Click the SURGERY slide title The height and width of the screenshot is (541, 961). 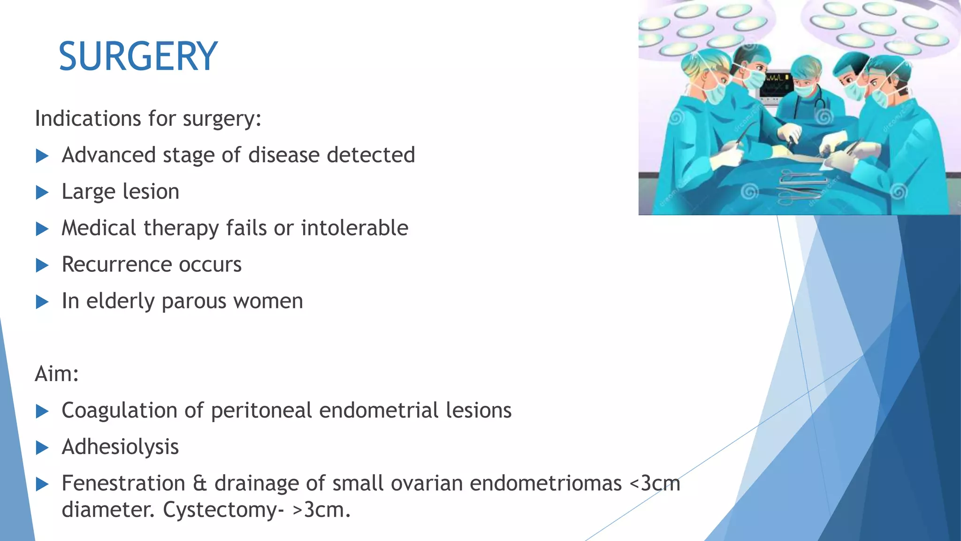pos(138,57)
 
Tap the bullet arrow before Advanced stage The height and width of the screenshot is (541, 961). pos(42,156)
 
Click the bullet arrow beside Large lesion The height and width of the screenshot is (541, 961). pos(42,193)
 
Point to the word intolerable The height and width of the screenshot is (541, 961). pos(354,228)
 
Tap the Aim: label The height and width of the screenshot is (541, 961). pos(57,374)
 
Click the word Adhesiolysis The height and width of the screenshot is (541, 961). pos(120,447)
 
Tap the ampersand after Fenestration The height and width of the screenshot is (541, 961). pos(199,484)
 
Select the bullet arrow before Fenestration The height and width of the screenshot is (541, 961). pos(42,484)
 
